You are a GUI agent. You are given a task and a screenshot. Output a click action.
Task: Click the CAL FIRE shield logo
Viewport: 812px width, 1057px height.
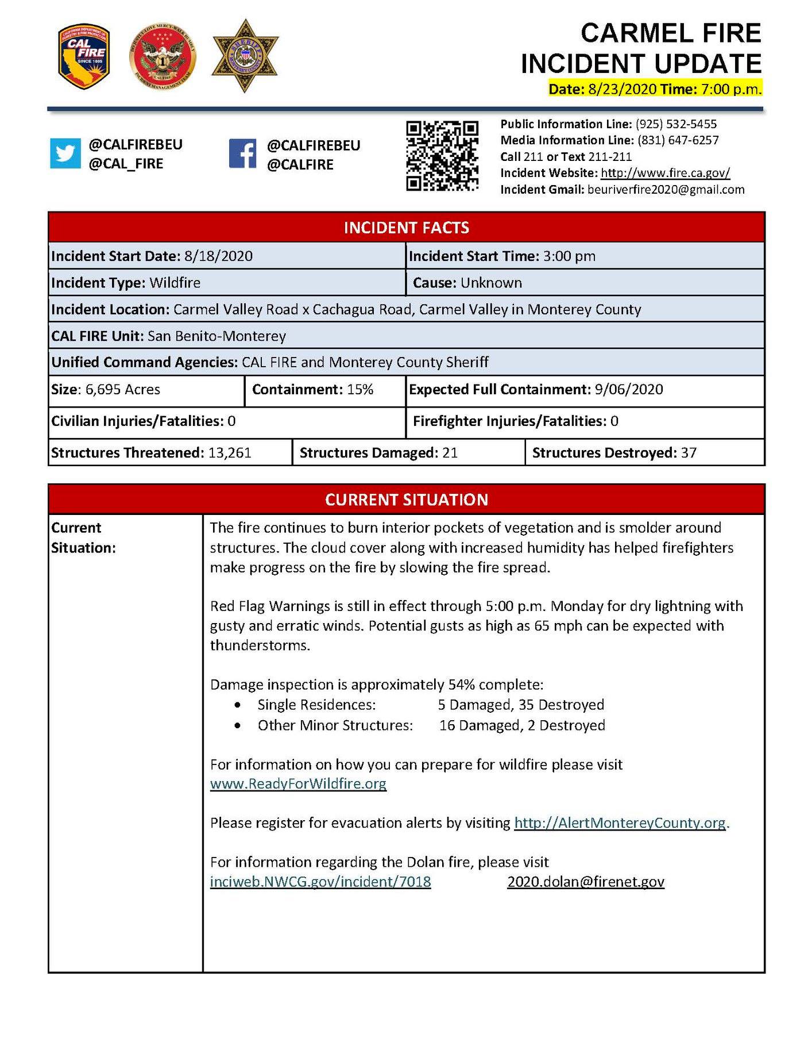tap(84, 56)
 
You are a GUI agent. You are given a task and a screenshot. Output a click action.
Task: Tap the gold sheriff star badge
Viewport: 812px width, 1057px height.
tap(245, 56)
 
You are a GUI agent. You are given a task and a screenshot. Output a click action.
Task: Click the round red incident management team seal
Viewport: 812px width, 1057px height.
tap(163, 57)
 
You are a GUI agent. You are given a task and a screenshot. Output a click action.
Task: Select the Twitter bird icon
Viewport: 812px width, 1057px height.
tap(65, 153)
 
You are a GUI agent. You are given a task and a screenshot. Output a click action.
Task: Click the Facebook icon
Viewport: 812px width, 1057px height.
tap(242, 153)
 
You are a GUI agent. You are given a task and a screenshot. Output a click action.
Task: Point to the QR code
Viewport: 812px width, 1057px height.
tap(442, 155)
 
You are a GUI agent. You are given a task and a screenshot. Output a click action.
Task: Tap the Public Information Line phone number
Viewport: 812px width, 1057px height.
tap(676, 124)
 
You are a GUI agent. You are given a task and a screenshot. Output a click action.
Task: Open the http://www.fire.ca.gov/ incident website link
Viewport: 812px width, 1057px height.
tap(665, 173)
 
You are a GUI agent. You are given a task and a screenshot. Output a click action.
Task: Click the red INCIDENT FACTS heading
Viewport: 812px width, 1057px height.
tap(406, 228)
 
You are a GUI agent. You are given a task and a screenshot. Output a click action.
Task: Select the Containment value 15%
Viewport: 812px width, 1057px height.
tap(360, 390)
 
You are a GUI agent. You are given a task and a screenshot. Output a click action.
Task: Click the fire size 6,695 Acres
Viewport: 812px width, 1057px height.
tap(123, 390)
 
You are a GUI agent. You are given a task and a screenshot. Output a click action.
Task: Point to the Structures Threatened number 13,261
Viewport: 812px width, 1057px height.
tap(230, 453)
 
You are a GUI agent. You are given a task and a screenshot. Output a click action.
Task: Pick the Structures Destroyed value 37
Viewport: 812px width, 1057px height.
tap(689, 453)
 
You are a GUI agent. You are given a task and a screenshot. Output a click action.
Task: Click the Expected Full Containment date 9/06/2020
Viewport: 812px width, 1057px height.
tap(629, 390)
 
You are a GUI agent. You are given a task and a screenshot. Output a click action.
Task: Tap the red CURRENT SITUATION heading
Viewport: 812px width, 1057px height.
tap(406, 499)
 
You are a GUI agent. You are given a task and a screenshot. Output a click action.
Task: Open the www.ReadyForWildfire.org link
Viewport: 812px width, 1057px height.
tap(298, 784)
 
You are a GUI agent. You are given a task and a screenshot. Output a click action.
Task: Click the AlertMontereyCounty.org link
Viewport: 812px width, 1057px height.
tap(620, 823)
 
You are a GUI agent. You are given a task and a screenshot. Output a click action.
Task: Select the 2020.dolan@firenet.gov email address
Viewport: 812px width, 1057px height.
tap(586, 882)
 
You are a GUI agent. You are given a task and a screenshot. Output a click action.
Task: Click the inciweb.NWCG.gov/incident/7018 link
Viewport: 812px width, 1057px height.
tap(320, 882)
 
